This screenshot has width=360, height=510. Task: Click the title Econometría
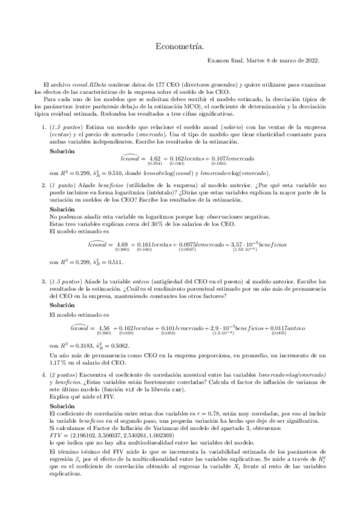[180, 45]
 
